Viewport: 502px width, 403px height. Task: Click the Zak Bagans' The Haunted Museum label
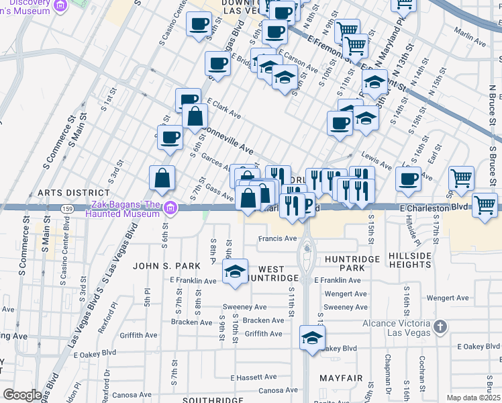tap(123, 209)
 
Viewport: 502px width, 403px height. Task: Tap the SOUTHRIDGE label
tap(195, 400)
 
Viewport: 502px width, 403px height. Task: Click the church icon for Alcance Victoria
tap(439, 327)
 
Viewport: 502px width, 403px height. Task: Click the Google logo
tap(22, 395)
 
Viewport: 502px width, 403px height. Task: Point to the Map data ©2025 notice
tap(474, 398)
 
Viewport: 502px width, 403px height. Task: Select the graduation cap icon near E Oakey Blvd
tap(312, 338)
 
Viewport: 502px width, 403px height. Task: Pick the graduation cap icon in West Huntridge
tap(235, 271)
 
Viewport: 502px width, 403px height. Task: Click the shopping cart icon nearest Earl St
tap(461, 178)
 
